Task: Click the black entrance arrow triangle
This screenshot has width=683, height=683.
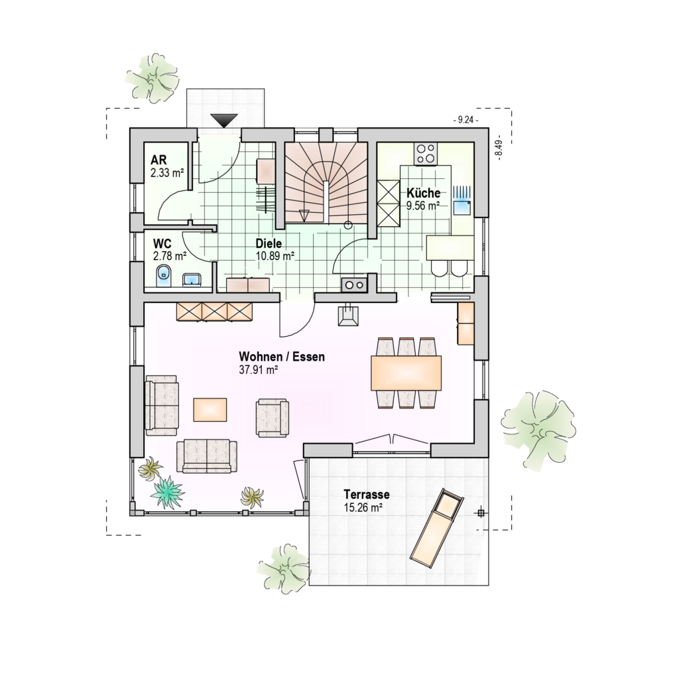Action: (224, 120)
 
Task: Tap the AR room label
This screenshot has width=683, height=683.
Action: (159, 160)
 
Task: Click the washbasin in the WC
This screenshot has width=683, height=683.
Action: (192, 280)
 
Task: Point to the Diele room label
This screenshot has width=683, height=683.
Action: (269, 243)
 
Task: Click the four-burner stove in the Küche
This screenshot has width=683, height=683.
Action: (426, 154)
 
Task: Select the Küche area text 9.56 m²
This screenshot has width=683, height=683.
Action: (423, 206)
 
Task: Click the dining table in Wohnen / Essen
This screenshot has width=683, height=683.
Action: (406, 373)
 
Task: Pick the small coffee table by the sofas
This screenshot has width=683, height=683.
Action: (210, 410)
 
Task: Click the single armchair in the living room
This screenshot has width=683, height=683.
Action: (273, 418)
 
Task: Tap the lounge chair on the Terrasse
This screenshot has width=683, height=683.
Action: (437, 528)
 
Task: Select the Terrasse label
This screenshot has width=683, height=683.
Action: (366, 495)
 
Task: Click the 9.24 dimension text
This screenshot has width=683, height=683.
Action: (466, 120)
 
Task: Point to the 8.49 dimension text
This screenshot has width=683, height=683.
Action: (499, 148)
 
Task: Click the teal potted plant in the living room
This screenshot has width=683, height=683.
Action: (167, 492)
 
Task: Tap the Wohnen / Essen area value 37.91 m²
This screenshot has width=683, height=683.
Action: (259, 370)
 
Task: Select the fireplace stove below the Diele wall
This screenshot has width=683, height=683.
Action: (349, 314)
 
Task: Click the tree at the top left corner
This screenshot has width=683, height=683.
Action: (153, 78)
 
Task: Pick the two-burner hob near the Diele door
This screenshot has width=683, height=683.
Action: (355, 285)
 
